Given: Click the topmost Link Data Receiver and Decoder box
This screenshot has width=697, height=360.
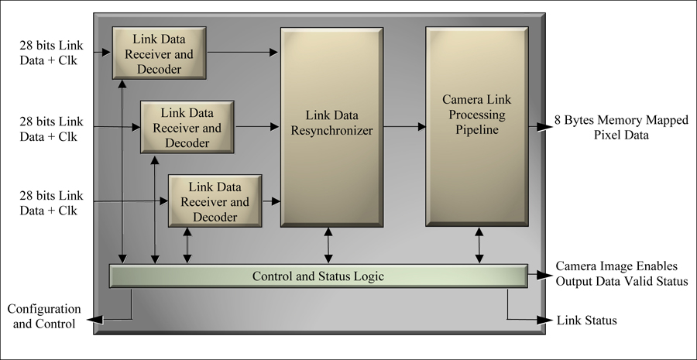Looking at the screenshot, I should pyautogui.click(x=159, y=53).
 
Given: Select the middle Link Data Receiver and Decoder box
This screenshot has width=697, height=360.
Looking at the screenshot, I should pyautogui.click(x=187, y=126).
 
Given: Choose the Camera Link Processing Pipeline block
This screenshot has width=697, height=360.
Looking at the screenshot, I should pyautogui.click(x=477, y=125).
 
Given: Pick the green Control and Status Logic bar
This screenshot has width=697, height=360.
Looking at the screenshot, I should pyautogui.click(x=318, y=276).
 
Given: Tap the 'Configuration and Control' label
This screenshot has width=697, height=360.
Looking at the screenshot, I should pyautogui.click(x=43, y=317).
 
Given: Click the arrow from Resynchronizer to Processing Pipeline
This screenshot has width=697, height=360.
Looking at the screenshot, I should pyautogui.click(x=404, y=125).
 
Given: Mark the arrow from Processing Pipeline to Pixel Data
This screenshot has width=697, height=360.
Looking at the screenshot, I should pyautogui.click(x=539, y=125).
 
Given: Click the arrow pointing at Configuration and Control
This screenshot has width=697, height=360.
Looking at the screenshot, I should pyautogui.click(x=108, y=317).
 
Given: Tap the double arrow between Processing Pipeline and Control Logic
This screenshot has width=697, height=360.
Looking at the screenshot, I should pyautogui.click(x=479, y=245).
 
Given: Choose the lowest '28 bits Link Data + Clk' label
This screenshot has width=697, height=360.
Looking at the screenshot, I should pyautogui.click(x=50, y=201).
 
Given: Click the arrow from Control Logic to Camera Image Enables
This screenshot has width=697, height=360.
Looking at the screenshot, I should pyautogui.click(x=537, y=274).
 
